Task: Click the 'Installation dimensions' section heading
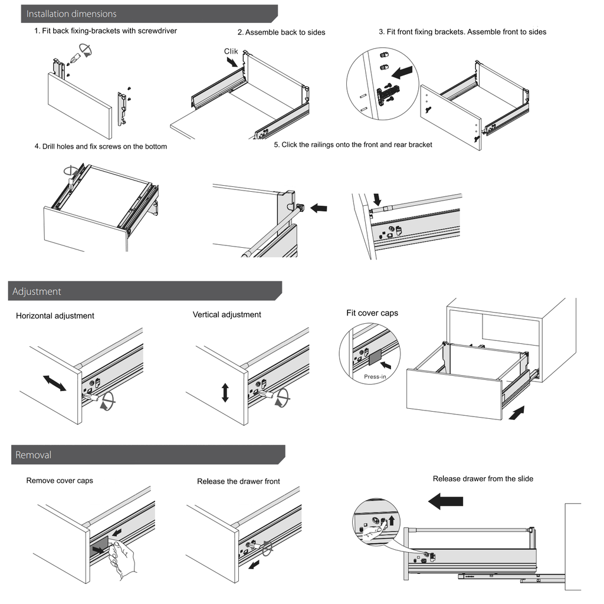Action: (71, 14)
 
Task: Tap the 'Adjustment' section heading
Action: (37, 291)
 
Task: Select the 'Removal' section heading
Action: (33, 455)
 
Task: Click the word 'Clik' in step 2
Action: (231, 51)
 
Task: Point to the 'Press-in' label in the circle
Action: (375, 376)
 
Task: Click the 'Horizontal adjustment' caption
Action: (55, 316)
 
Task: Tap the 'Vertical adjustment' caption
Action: (226, 314)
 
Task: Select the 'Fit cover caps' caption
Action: (372, 313)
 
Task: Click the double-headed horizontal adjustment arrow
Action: (55, 383)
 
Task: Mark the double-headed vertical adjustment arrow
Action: (225, 392)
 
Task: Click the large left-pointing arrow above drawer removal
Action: (445, 501)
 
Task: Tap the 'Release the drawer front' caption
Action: (238, 481)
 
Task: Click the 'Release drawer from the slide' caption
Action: (482, 478)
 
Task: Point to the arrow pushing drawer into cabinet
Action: (515, 412)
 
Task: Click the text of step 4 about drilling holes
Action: (100, 146)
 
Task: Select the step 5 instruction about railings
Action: (353, 145)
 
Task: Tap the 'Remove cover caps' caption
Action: (60, 481)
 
